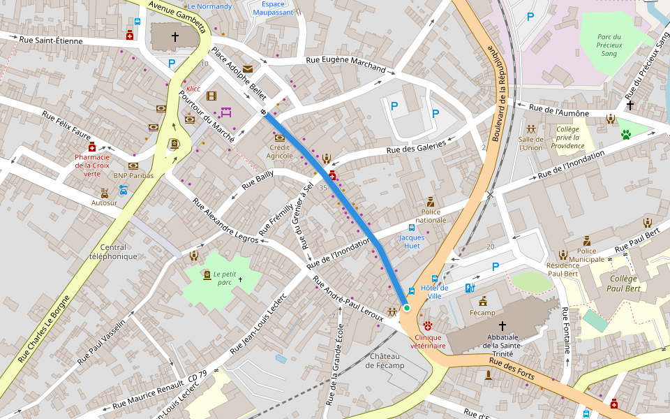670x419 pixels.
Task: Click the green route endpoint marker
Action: [406, 307]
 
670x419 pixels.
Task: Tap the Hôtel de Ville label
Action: [435, 292]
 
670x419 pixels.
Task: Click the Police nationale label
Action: [431, 215]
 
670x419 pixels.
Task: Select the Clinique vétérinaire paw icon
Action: [428, 325]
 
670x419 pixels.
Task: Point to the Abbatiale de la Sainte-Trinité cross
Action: [502, 326]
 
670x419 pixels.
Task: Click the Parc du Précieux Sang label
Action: [609, 45]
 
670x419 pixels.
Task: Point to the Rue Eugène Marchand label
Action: [345, 64]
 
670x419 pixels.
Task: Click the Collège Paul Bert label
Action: [624, 284]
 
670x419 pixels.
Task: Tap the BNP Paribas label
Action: [133, 176]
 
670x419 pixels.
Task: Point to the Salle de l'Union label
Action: [530, 143]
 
